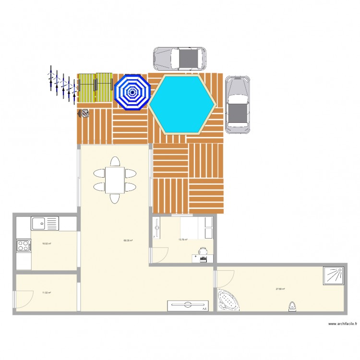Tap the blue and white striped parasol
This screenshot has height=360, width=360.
coord(132,92)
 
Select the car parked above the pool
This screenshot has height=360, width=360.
coord(180,59)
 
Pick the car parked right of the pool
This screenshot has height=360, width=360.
coord(238,105)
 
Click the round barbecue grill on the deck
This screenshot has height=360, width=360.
coord(84,113)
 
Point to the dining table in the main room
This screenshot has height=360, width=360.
coord(115,179)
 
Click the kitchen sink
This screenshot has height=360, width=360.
coord(44,223)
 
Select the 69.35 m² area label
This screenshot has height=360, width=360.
coord(128,241)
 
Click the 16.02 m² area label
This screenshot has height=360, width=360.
coord(47,244)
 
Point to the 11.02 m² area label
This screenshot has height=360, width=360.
coord(47,292)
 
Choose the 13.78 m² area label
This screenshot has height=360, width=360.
coord(183,240)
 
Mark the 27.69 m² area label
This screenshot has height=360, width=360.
coord(280,289)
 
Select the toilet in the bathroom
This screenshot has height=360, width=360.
coord(292,306)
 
